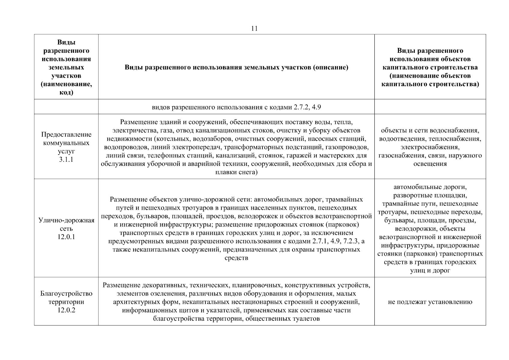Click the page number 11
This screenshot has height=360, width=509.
click(x=254, y=28)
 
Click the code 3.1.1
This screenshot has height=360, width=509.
click(x=66, y=160)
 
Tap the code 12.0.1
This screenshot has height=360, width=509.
click(x=66, y=237)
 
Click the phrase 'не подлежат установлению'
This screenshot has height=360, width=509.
click(x=430, y=302)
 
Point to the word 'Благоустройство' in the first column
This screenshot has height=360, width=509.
click(x=66, y=293)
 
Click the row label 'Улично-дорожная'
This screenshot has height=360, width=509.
click(x=66, y=220)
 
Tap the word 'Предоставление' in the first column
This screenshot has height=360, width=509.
click(x=66, y=134)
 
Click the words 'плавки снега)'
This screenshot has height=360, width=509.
click(x=236, y=172)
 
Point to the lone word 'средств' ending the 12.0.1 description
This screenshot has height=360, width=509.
click(x=236, y=258)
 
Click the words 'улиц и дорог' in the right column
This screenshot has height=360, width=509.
click(x=430, y=271)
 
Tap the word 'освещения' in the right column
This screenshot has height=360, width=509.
click(x=430, y=164)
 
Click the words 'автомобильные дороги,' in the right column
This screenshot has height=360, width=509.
click(x=430, y=187)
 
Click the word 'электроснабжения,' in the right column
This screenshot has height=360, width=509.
click(x=430, y=147)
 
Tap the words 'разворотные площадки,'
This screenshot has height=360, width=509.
click(x=430, y=196)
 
